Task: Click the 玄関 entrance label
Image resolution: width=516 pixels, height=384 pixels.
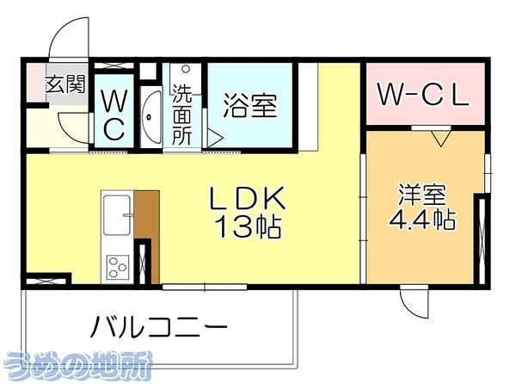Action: [x=65, y=84]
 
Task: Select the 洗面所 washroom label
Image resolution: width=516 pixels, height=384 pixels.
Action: [x=182, y=115]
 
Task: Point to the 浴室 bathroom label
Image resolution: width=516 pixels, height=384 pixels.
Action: [x=250, y=105]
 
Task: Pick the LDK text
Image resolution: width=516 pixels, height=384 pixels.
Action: [x=249, y=198]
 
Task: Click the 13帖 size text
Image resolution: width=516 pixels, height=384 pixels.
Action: [x=249, y=226]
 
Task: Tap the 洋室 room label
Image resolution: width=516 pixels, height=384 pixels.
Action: [x=422, y=194]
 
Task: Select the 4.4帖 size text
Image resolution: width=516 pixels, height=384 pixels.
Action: [x=422, y=219]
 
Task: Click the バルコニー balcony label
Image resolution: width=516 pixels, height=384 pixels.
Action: [x=159, y=327]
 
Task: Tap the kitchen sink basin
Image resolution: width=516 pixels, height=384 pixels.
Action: [x=116, y=215]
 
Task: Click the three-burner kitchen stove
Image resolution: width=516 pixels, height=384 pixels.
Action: [x=117, y=267]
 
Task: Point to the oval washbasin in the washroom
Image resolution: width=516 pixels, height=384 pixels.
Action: [x=151, y=116]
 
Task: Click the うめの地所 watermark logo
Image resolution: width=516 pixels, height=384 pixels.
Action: [x=80, y=364]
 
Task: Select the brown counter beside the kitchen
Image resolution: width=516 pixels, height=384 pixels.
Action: [x=147, y=236]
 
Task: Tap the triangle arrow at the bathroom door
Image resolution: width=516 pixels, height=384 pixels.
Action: [x=215, y=138]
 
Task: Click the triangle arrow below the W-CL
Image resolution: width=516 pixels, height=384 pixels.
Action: [x=440, y=139]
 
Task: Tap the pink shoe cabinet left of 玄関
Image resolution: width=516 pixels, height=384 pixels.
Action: [x=36, y=83]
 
